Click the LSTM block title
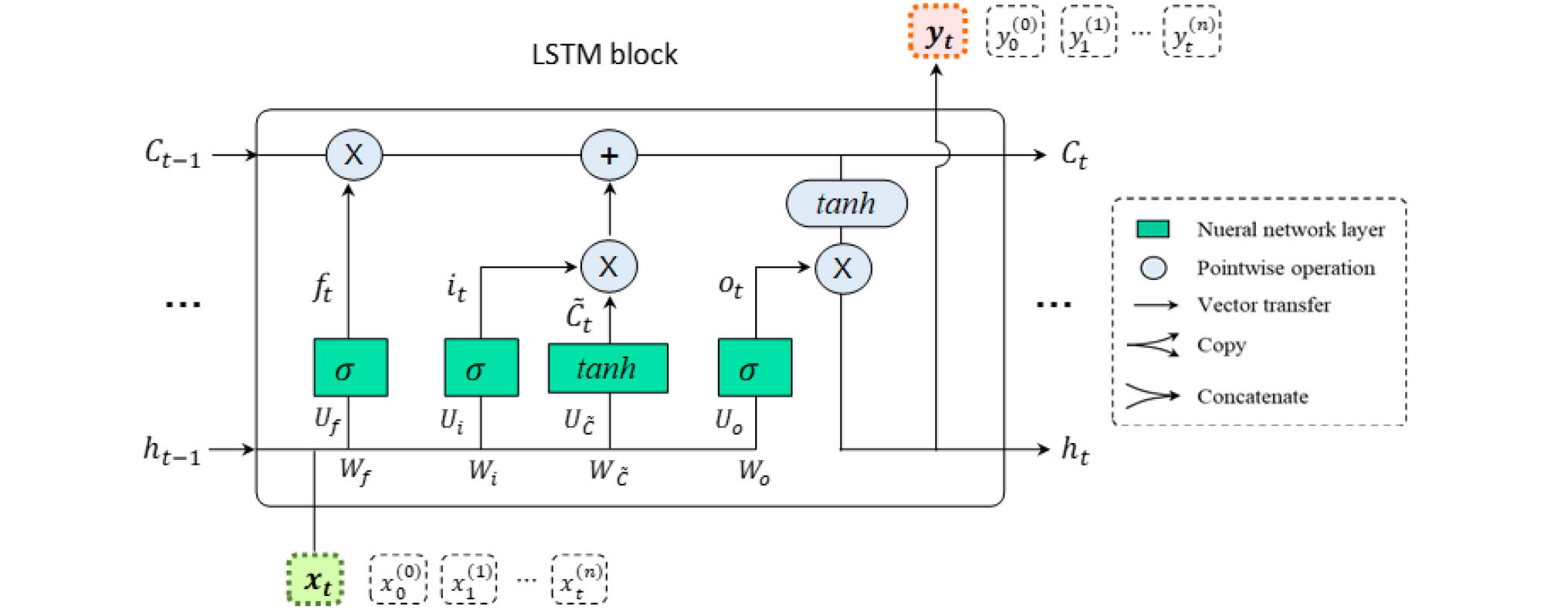coord(604,55)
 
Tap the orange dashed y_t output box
coord(938,32)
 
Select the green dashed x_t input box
coord(315,579)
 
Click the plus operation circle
coord(609,155)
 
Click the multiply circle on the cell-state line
coord(354,155)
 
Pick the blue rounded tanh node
coord(846,204)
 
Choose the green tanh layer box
coord(608,368)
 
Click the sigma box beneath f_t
coord(351,368)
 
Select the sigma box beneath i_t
coord(482,368)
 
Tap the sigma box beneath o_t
coord(755,368)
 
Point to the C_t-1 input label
coord(172,154)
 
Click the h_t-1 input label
coord(172,450)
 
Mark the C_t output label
coord(1074,155)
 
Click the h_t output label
coord(1074,450)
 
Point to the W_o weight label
coord(754,470)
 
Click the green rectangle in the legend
coord(1152,229)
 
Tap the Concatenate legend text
coord(1252,397)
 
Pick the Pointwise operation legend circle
coord(1153,268)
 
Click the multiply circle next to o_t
coord(843,268)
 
